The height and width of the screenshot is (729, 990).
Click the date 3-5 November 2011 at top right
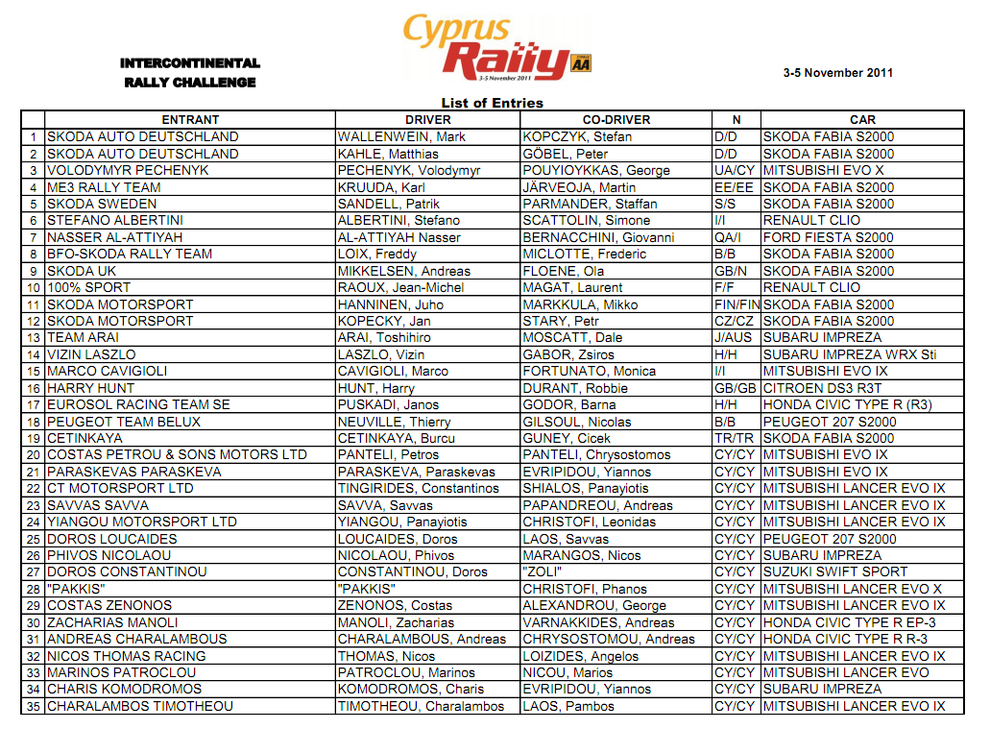click(x=837, y=73)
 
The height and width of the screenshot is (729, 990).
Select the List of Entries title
click(x=492, y=103)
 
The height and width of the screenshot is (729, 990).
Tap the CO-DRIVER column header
click(x=616, y=120)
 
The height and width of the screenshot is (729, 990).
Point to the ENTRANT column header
click(x=190, y=120)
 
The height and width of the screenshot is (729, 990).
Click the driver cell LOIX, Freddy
click(x=377, y=255)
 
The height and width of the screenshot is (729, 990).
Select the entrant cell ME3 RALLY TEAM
click(x=104, y=187)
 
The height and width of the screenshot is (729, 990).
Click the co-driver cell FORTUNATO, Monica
click(x=589, y=372)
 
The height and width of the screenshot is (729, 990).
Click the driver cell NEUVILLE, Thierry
click(x=395, y=422)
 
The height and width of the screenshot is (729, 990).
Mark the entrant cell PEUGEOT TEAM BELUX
click(x=124, y=422)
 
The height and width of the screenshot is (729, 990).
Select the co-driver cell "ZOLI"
click(x=543, y=572)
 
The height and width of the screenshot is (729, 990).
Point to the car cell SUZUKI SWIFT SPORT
click(x=834, y=572)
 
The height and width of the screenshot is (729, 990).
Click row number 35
click(x=33, y=706)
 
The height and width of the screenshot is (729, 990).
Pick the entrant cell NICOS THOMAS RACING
click(x=127, y=656)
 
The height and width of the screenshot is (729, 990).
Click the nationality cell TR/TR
click(x=735, y=438)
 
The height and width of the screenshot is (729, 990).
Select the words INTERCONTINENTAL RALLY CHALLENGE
click(x=190, y=73)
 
